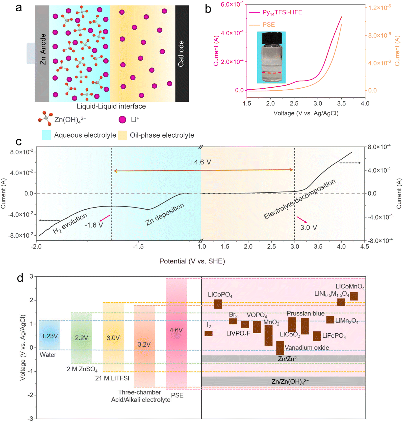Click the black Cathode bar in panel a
coord(182,54)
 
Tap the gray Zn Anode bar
coord(42,54)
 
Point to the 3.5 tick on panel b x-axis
coord(341,103)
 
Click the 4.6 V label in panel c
coord(203,162)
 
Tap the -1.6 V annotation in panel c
coord(94,225)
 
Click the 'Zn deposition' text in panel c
coord(165,214)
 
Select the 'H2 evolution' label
coord(70,223)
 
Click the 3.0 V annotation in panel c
coord(308,228)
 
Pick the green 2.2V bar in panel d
coord(81,338)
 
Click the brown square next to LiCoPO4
coord(218,304)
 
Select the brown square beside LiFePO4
coord(317,336)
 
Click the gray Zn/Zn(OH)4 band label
coord(290,381)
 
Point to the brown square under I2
coord(209,333)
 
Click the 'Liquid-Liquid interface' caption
coord(111,106)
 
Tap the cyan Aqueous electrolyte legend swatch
coord(46,135)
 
